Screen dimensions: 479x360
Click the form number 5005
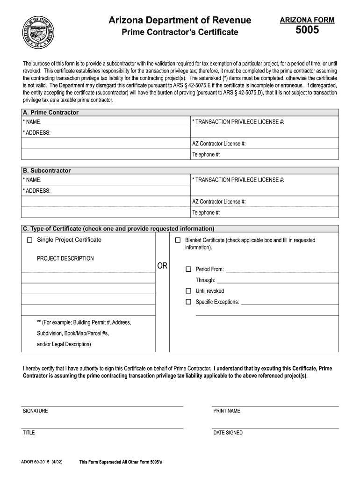point(307,31)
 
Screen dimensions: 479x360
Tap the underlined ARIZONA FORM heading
point(307,20)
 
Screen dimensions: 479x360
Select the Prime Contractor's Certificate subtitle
point(180,32)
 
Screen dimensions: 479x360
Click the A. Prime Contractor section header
point(50,113)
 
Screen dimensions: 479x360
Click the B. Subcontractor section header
point(47,171)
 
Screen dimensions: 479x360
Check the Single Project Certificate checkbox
point(29,240)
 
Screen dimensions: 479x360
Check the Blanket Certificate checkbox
point(178,240)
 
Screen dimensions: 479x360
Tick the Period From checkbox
point(188,269)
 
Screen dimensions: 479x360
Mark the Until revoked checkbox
point(188,291)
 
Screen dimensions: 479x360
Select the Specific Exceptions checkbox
point(188,302)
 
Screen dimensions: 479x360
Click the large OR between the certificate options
point(162,266)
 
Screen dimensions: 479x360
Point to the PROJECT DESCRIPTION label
point(65,259)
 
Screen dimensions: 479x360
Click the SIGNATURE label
point(36,411)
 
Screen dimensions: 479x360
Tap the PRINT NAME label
point(227,411)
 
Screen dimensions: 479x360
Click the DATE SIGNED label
point(228,433)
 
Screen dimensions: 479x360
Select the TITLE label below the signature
point(29,433)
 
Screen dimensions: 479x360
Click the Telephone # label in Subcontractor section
point(206,213)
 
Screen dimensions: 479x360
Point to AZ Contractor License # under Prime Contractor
point(219,144)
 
